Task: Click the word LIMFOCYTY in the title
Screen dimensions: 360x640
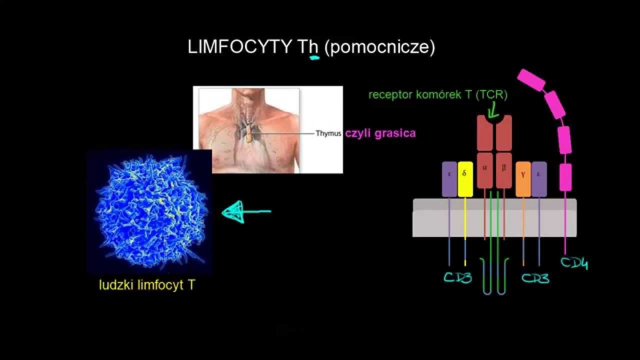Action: (x=239, y=47)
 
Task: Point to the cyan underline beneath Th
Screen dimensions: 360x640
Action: (x=314, y=58)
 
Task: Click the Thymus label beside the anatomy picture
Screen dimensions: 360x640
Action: (x=328, y=133)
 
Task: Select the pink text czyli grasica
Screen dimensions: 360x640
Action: (x=380, y=133)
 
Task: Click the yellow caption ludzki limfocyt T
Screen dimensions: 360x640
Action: (x=147, y=285)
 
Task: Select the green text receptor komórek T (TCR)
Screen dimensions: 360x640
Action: (x=437, y=95)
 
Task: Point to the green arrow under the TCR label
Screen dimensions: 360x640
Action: (x=492, y=110)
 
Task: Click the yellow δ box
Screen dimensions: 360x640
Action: (x=465, y=178)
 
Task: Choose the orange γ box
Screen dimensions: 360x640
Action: (x=523, y=178)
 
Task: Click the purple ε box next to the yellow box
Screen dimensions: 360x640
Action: (x=449, y=178)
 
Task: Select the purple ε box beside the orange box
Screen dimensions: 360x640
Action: (x=539, y=178)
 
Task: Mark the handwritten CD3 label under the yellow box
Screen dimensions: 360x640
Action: (x=457, y=277)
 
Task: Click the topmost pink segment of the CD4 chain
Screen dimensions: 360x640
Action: (x=531, y=80)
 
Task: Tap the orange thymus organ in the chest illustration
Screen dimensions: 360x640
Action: (x=248, y=134)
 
